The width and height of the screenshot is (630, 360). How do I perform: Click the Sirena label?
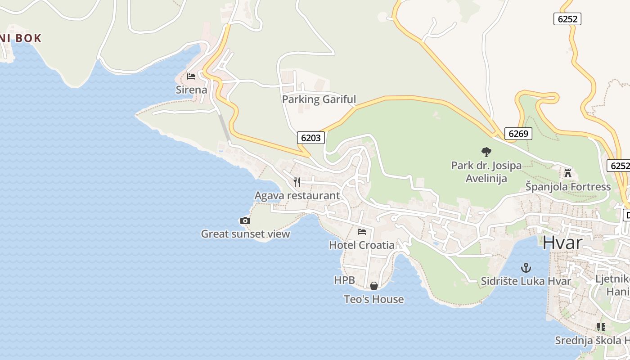tap(191, 90)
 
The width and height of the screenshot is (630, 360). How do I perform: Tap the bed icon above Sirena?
tap(191, 76)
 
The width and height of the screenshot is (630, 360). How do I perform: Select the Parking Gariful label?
tap(319, 99)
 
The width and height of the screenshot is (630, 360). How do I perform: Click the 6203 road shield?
tap(310, 138)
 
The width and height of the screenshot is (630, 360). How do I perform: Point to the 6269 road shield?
tap(518, 133)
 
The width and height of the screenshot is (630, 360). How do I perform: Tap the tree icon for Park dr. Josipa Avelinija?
tap(486, 152)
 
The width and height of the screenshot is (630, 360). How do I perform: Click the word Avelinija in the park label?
tap(486, 178)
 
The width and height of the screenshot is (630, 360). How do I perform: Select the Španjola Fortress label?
tap(568, 186)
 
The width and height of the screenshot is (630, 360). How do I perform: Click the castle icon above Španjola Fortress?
tap(568, 173)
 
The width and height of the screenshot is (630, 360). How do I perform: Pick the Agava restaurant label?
tap(297, 195)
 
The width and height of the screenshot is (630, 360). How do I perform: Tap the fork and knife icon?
tap(297, 182)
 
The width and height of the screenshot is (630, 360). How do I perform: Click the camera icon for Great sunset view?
tap(245, 220)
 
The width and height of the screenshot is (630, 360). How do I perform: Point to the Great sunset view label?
tap(245, 234)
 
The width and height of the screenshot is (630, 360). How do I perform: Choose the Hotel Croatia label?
tap(362, 245)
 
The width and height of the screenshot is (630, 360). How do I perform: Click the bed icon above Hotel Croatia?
tap(362, 232)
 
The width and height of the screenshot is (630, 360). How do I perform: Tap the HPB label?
tap(344, 280)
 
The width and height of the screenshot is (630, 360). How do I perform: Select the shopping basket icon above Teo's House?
tap(373, 286)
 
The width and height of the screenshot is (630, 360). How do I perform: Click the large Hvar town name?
tap(562, 243)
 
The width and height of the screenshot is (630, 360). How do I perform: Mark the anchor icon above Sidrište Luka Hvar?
tap(526, 268)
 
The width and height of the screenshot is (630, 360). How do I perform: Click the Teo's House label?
tap(373, 299)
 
